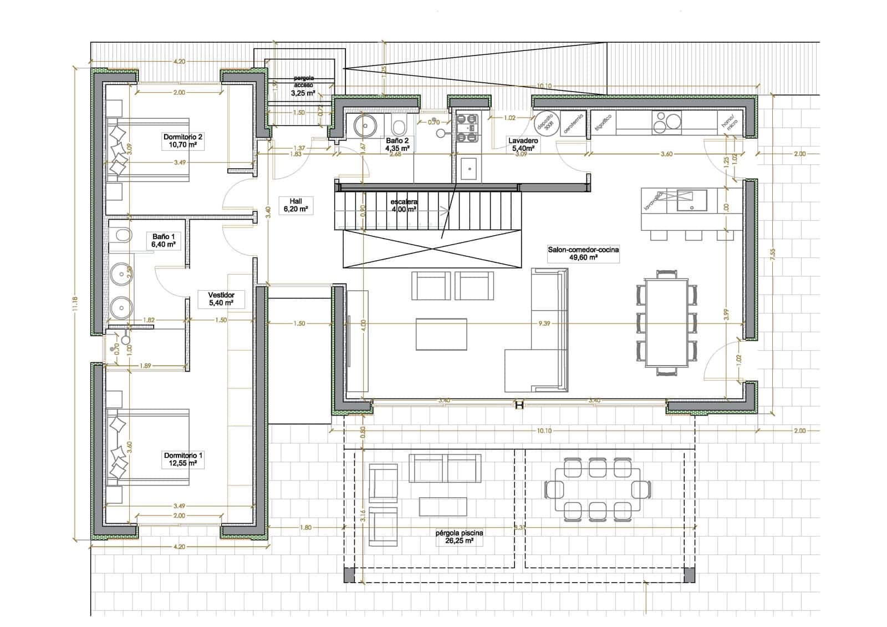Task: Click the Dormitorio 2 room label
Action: pyautogui.click(x=183, y=141)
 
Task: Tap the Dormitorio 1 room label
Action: pyautogui.click(x=183, y=459)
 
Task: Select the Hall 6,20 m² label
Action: pyautogui.click(x=295, y=205)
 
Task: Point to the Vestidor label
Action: pyautogui.click(x=221, y=299)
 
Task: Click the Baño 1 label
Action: pyautogui.click(x=164, y=240)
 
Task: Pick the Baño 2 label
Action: pyautogui.click(x=397, y=145)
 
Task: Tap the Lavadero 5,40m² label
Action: pyautogui.click(x=523, y=145)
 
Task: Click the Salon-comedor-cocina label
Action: pyautogui.click(x=583, y=254)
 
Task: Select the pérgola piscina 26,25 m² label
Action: pyautogui.click(x=459, y=537)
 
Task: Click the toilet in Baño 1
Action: pyautogui.click(x=122, y=236)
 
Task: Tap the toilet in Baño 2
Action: pyautogui.click(x=398, y=125)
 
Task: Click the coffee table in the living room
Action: pyautogui.click(x=441, y=334)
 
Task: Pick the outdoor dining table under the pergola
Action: pyautogui.click(x=598, y=489)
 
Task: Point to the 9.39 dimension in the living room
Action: pyautogui.click(x=544, y=323)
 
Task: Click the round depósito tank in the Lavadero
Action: pyautogui.click(x=546, y=123)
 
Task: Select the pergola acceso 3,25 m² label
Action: pyautogui.click(x=303, y=86)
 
